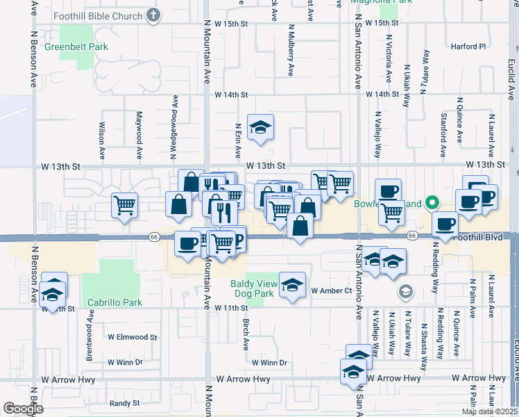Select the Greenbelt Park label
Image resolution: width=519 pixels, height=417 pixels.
[x=76, y=47]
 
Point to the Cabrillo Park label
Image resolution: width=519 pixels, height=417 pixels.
[x=114, y=302]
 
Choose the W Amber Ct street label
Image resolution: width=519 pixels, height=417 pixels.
[x=332, y=291]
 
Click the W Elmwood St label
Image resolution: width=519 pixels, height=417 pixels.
[x=133, y=337]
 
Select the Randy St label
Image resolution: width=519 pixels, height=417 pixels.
[x=125, y=403]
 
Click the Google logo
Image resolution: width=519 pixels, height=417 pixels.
[x=23, y=409]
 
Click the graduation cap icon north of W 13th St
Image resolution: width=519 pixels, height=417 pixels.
[x=260, y=126]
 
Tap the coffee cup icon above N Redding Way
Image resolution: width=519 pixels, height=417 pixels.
[x=445, y=224]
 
